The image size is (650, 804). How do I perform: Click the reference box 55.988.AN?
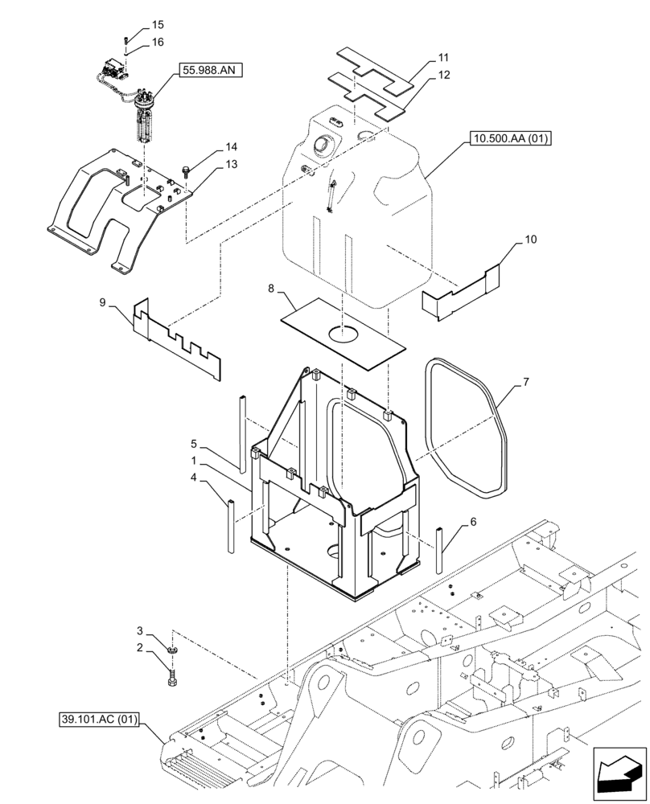(x=208, y=71)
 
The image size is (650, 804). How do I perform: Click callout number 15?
(x=157, y=26)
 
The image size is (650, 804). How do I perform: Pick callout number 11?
(x=443, y=58)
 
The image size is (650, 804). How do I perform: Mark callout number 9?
(x=102, y=302)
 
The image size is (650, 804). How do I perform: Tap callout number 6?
(x=472, y=521)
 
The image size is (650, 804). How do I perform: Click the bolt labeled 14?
(x=187, y=170)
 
